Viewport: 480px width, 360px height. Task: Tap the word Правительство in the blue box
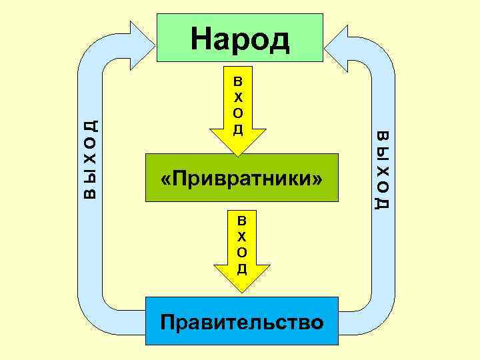click(242, 323)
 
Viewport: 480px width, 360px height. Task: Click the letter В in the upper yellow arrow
click(238, 81)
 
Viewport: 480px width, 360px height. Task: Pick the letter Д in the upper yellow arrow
click(238, 129)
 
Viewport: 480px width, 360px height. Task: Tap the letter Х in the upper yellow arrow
click(238, 97)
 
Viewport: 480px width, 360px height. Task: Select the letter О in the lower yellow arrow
click(242, 252)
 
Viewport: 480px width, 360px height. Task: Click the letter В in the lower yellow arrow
click(242, 220)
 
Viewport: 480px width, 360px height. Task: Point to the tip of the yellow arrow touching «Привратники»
click(239, 152)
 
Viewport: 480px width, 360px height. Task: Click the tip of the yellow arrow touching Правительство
click(242, 291)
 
